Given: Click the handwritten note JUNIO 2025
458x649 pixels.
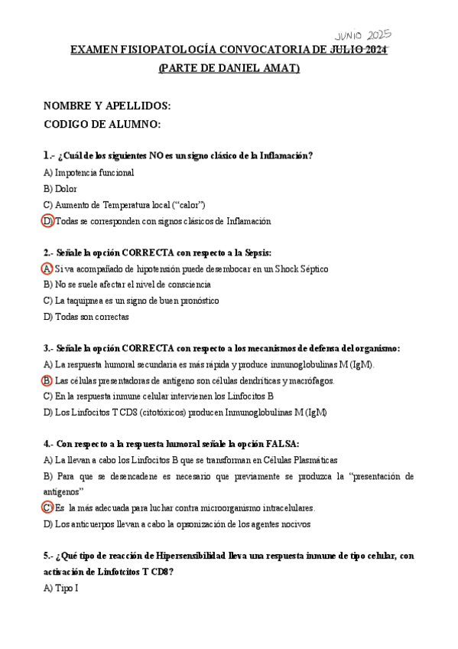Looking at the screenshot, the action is point(363,36).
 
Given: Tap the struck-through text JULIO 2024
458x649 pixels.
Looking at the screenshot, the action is point(359,51).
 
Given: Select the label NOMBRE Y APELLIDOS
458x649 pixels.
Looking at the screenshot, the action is point(107,105).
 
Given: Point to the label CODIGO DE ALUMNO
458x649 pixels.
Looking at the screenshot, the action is point(102,124).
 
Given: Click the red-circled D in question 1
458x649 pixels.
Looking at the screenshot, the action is point(47,221).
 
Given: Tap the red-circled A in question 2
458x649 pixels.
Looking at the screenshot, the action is point(47,269).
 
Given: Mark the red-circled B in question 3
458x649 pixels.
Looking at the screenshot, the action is point(47,380).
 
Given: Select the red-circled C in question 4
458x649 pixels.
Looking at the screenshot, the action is point(47,507).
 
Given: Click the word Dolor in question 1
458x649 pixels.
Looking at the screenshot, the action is point(67,188).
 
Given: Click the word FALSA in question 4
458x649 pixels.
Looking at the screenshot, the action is point(282,444).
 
